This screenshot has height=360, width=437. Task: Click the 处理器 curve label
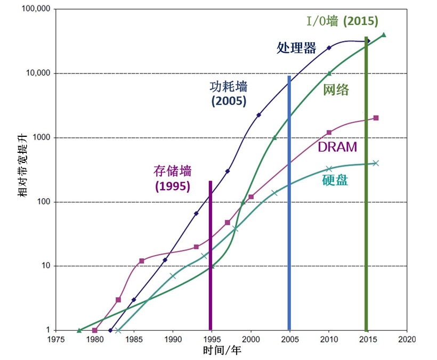pos(296,48)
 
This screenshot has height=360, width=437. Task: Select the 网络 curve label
pos(336,89)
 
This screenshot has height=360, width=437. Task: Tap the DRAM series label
pos(337,147)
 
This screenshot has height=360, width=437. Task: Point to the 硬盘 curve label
pos(335,180)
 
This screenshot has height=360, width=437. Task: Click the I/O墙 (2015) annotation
pos(342,21)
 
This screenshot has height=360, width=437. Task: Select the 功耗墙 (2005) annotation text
pos(229,93)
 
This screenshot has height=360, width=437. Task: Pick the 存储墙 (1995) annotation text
pos(172,179)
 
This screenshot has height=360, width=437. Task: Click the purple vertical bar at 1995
pos(211,256)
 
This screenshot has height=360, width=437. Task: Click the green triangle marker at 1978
pos(79,330)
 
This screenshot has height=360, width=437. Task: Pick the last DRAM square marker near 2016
pos(376,118)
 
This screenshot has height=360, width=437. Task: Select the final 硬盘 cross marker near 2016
pos(376,163)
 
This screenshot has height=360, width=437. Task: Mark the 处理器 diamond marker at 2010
pos(329,47)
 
